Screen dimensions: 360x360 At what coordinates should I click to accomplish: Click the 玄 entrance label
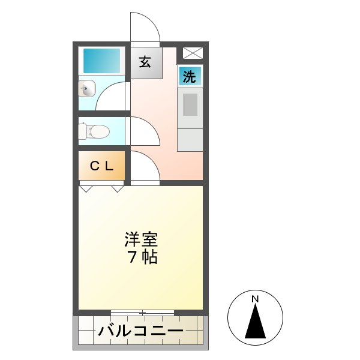coord(146,62)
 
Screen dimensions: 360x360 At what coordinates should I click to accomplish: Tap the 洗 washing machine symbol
coord(190,77)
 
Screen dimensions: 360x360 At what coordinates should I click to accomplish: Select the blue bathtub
coord(102,61)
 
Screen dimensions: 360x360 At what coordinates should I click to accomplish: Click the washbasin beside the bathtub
coord(87,90)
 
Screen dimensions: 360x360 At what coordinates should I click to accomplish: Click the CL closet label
coord(102,166)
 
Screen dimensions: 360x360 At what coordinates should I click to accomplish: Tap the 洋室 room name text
coord(142,240)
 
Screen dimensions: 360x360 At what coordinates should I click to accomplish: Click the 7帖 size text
coord(142,258)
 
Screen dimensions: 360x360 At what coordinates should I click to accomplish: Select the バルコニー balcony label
coord(141,331)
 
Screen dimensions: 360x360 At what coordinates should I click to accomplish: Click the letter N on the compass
coord(255,298)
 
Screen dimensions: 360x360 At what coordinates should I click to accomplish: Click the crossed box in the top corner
coord(193,53)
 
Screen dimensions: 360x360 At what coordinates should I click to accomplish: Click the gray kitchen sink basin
coord(190,106)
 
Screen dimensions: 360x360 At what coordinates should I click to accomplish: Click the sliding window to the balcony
coord(142,312)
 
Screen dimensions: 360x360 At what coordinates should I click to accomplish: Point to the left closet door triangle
coord(88,188)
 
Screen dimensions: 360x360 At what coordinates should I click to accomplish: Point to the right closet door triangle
coord(117,188)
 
